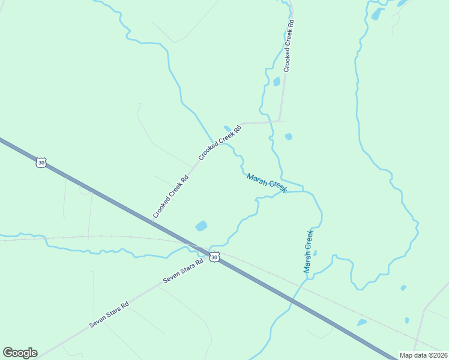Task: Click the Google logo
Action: [20, 353]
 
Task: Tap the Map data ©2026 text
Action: [423, 355]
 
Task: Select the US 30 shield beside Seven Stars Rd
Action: [214, 257]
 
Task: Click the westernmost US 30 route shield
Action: [41, 163]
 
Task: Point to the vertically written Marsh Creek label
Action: [309, 251]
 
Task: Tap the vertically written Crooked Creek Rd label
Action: [289, 46]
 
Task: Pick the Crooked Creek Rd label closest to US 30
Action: [170, 196]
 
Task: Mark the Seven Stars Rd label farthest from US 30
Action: [109, 314]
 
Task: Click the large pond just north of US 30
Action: [201, 226]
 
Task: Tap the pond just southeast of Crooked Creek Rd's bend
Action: [289, 137]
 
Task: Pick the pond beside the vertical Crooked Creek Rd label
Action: [277, 82]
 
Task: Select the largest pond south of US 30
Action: [362, 323]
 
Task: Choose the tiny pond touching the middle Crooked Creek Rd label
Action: [227, 128]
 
